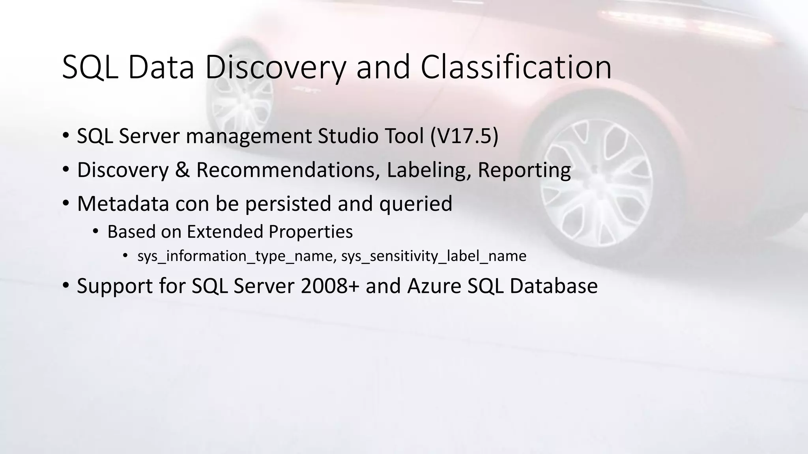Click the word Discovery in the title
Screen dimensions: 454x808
coord(275,68)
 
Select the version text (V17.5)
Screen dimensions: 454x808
coord(464,136)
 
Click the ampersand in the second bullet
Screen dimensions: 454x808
coord(182,170)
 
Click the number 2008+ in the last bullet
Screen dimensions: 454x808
coord(330,286)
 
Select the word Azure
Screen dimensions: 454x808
coord(434,286)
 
